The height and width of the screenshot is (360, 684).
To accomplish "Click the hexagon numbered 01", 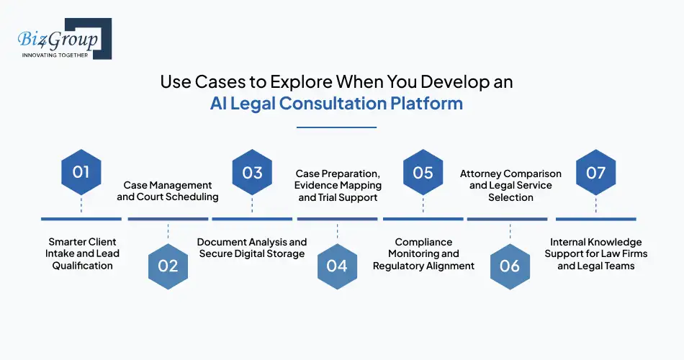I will pos(81,173).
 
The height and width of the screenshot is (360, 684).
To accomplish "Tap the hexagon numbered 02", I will pos(167,266).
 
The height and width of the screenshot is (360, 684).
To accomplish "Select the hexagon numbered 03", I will pos(253,173).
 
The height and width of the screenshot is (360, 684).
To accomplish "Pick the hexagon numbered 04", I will pos(337,266).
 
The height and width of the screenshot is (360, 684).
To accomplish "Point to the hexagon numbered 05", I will pos(423,173).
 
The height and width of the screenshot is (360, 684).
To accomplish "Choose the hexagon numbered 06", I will pos(509,266).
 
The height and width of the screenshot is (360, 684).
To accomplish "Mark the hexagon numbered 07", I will pos(595,173).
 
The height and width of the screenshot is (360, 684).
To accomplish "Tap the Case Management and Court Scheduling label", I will pos(168,191).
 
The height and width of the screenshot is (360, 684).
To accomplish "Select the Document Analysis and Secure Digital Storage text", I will pos(252,248).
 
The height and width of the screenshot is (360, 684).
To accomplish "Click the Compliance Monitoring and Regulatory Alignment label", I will pos(423,253).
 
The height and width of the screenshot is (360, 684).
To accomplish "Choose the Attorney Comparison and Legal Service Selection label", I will pos(510,185).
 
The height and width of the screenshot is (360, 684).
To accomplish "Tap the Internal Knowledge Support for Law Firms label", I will pos(595,253).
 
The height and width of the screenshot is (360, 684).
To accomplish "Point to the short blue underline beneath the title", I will pos(337,127).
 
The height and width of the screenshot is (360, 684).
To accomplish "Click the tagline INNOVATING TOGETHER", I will pos(55,55).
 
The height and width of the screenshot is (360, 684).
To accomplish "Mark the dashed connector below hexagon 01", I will pos(81,206).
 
